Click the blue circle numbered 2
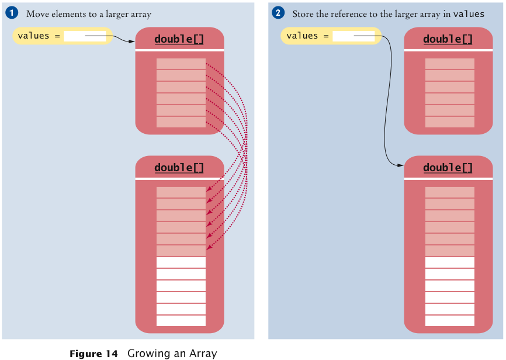tap(279, 13)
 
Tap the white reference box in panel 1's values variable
tap(85, 36)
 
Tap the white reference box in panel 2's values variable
tap(353, 36)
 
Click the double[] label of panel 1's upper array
tap(179, 39)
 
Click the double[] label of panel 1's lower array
tap(179, 168)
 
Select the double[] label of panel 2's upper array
tap(448, 39)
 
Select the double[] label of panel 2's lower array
tap(448, 168)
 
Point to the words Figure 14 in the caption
tap(93, 354)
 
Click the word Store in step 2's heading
tap(304, 13)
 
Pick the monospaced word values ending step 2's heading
tap(469, 13)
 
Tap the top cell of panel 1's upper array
tap(181, 64)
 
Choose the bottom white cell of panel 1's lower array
tap(181, 321)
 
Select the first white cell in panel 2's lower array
tap(450, 262)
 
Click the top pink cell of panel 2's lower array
tap(450, 192)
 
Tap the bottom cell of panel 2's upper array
tap(450, 122)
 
